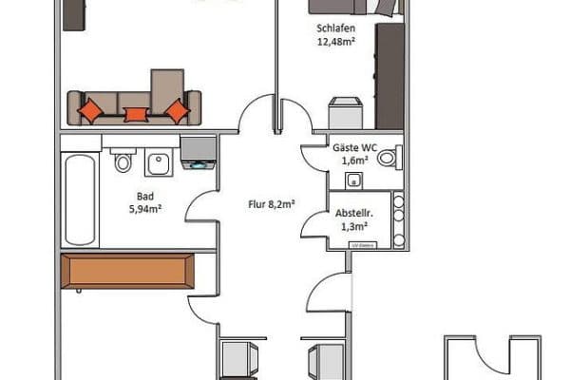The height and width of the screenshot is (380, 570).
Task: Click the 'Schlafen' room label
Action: click(336, 28)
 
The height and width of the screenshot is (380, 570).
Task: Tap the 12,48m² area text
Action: click(336, 42)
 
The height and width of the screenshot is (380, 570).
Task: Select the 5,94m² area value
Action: click(145, 212)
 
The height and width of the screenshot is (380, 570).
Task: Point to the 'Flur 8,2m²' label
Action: click(269, 202)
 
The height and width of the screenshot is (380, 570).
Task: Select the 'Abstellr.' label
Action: click(352, 214)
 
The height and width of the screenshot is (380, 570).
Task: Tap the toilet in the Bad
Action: click(123, 161)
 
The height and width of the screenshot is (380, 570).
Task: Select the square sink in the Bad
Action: click(158, 164)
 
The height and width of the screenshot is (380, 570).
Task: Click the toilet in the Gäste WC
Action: click(389, 159)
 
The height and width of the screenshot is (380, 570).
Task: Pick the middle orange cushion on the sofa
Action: click(137, 115)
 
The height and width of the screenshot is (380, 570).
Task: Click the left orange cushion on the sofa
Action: click(92, 110)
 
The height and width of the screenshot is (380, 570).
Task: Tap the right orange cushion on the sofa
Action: click(177, 110)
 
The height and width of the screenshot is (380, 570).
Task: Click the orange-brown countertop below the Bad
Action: click(127, 271)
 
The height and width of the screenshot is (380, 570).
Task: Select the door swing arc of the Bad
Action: click(201, 206)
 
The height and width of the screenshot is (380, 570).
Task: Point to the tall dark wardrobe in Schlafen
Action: click(389, 76)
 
